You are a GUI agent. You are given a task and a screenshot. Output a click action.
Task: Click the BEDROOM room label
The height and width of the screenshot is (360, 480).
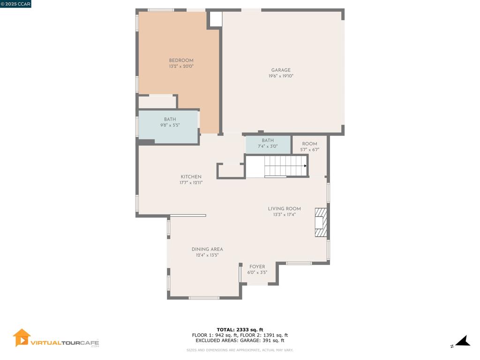tap(181, 60)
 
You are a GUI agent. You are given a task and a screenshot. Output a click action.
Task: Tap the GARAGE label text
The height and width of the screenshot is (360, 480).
tap(281, 70)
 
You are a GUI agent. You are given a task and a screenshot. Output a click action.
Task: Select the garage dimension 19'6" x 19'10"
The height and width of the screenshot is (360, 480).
tap(281, 76)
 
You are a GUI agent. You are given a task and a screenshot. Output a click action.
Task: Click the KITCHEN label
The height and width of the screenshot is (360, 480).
tap(191, 177)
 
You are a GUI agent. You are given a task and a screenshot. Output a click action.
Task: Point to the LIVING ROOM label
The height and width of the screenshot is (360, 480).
tap(284, 209)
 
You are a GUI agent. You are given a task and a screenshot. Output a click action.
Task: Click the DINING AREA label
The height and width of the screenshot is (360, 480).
tap(207, 249)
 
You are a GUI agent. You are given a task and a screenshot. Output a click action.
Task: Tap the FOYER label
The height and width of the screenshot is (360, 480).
tap(257, 267)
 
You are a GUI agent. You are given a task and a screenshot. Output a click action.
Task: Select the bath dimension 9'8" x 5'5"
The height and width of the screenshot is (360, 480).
tap(170, 125)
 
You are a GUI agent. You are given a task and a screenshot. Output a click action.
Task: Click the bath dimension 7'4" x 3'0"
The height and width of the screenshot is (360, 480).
tap(268, 146)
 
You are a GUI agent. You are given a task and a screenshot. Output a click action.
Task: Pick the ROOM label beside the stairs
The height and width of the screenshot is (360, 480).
tap(309, 143)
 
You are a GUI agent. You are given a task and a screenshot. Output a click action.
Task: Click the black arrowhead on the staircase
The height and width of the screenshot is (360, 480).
tap(305, 166)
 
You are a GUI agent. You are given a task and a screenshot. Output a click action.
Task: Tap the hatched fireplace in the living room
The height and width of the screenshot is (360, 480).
tap(321, 223)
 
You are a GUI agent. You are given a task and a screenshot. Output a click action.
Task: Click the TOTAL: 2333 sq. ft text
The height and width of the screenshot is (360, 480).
tap(240, 330)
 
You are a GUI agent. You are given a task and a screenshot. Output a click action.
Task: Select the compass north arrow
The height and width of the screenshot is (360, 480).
tap(463, 341)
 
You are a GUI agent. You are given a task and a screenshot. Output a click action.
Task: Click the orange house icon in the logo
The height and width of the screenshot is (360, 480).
tap(22, 337)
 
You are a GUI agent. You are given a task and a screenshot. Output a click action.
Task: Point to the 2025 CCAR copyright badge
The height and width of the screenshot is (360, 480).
tap(15, 4)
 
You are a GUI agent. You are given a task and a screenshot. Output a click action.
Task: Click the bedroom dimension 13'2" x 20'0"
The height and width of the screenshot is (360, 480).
tap(181, 66)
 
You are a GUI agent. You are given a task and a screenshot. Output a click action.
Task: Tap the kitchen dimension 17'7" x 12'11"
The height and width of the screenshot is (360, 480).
tap(191, 183)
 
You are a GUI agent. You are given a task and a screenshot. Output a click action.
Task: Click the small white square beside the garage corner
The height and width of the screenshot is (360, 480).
tap(216, 19)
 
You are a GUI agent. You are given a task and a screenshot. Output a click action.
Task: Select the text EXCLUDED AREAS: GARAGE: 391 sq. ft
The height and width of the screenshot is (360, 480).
tap(240, 340)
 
